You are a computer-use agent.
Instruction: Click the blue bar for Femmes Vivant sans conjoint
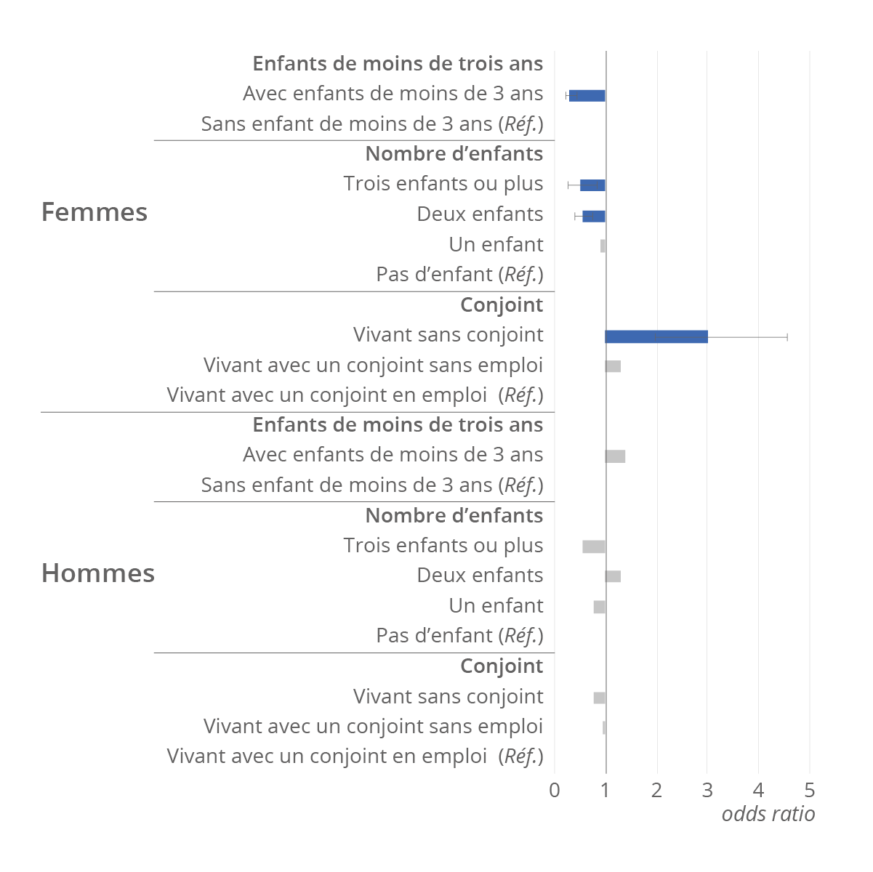(x=656, y=336)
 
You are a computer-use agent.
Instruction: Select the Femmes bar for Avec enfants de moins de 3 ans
(x=587, y=96)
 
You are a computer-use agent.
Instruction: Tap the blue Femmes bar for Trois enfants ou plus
(x=592, y=185)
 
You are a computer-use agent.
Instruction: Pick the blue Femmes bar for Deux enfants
(x=594, y=216)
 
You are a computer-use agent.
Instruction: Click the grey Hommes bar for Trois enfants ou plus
(x=594, y=546)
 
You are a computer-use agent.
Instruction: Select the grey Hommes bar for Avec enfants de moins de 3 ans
(x=615, y=456)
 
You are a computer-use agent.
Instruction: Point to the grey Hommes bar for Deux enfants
(x=613, y=576)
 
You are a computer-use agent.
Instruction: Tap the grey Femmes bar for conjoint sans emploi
(x=613, y=366)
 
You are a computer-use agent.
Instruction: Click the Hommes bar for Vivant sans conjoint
(x=599, y=698)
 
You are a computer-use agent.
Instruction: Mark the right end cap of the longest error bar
(x=787, y=336)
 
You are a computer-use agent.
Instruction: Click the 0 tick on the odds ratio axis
(x=555, y=791)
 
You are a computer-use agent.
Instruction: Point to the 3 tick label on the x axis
(x=707, y=791)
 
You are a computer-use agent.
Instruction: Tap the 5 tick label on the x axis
(x=810, y=791)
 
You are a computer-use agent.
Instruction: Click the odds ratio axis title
(x=768, y=814)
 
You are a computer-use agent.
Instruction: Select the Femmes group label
(x=94, y=212)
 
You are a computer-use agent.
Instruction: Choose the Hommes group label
(x=98, y=573)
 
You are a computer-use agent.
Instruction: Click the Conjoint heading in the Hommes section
(x=502, y=666)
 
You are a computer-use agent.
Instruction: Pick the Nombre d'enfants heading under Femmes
(x=454, y=154)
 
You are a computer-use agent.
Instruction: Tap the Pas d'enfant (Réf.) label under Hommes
(x=459, y=636)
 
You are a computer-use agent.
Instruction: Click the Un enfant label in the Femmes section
(x=496, y=245)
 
